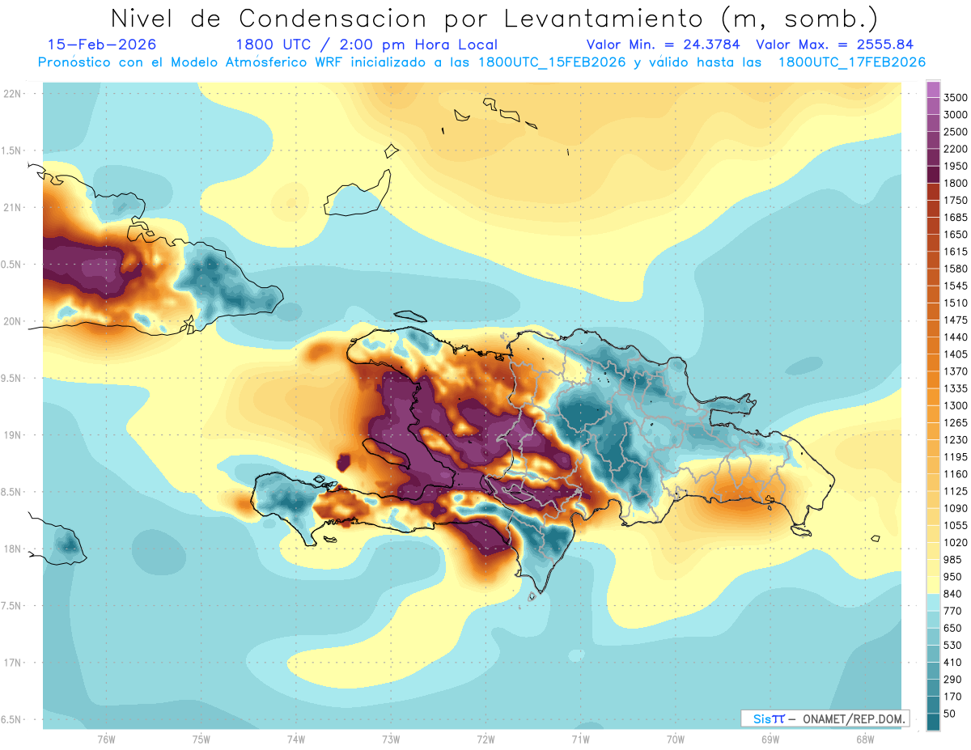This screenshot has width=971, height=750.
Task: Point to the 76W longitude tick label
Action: (x=106, y=739)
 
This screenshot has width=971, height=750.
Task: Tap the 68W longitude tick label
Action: (x=864, y=739)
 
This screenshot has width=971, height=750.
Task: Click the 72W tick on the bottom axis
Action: (x=485, y=739)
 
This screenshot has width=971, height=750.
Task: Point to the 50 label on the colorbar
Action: (x=949, y=714)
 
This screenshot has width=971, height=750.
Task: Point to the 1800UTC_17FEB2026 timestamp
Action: (x=851, y=62)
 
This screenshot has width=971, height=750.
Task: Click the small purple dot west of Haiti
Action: (x=343, y=463)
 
